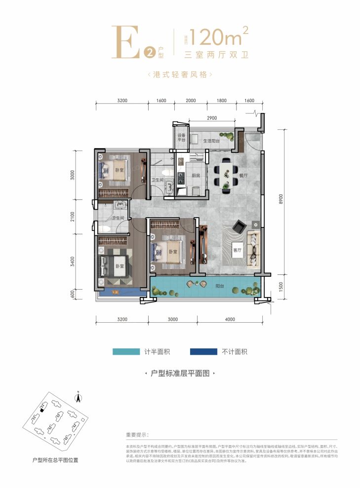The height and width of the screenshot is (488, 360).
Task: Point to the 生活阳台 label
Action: pos(212,141)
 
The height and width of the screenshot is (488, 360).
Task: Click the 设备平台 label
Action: pos(181,138)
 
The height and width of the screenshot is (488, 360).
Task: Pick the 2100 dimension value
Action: pos(73,217)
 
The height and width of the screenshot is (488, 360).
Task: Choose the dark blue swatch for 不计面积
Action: pos(203,352)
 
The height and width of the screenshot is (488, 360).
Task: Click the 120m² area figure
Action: pos(217,37)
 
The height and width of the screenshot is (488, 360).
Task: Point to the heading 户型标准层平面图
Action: pos(180,375)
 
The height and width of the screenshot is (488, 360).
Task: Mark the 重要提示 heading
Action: pos(137,435)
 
